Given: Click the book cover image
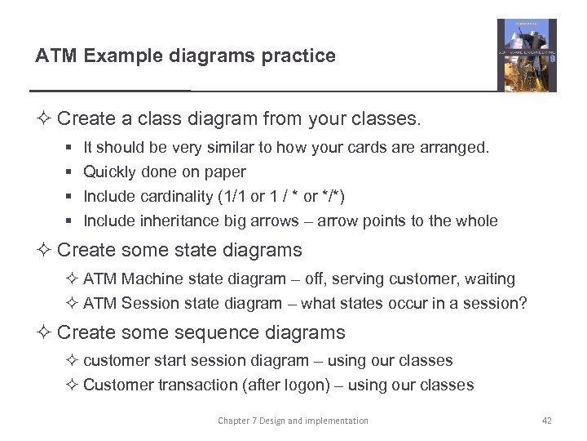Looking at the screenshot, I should (x=527, y=56).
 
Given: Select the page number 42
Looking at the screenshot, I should (x=546, y=421).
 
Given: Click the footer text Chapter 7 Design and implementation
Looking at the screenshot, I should (x=293, y=421).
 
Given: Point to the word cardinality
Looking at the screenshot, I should (x=177, y=196).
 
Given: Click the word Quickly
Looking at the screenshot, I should (x=110, y=171).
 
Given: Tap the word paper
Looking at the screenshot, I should (x=227, y=172).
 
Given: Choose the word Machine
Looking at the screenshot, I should (x=152, y=278).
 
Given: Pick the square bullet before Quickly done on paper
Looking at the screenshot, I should (x=67, y=172).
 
